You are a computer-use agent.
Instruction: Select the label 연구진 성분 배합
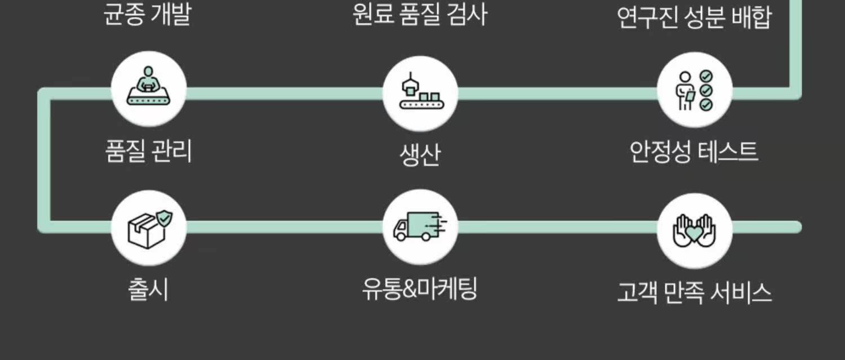point(694,17)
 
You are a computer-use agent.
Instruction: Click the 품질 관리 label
point(149,151)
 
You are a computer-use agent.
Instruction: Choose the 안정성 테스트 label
point(694,152)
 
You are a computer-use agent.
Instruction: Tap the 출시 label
point(148,290)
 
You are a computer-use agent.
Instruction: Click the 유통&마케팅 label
point(420,290)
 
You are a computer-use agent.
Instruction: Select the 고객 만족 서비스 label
point(694,292)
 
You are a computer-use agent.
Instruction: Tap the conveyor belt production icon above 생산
point(420,92)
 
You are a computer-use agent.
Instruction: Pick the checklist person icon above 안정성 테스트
point(695,90)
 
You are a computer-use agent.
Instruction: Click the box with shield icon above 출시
point(149,228)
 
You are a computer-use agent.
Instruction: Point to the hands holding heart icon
point(695,230)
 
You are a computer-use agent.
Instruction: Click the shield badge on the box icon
point(163,217)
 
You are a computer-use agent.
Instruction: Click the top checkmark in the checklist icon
point(706,77)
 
